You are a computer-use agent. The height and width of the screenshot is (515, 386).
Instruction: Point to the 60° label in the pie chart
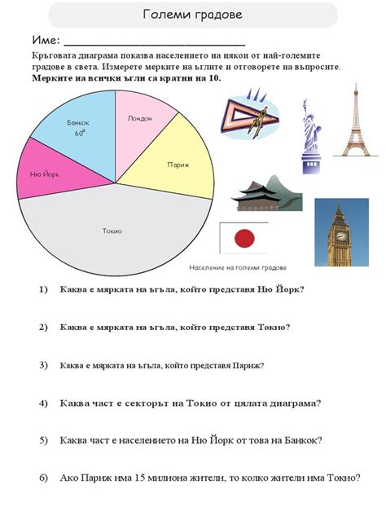pyautogui.click(x=80, y=133)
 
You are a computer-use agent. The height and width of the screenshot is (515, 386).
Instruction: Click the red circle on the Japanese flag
pyautogui.click(x=243, y=238)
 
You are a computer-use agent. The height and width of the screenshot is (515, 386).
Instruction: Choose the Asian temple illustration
pyautogui.click(x=263, y=192)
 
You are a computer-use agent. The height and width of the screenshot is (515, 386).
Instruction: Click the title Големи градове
pyautogui.click(x=192, y=15)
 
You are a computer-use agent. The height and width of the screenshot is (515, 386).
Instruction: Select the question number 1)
pyautogui.click(x=43, y=290)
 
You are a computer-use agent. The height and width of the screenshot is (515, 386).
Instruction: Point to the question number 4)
pyautogui.click(x=43, y=403)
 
